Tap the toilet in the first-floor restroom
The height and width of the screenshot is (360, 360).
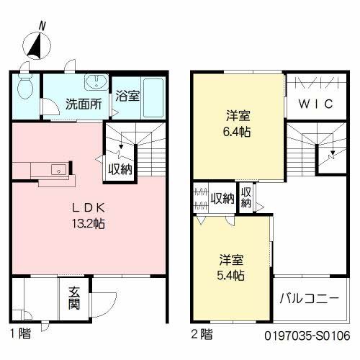(25, 86)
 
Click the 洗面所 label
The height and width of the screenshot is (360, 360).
(84, 103)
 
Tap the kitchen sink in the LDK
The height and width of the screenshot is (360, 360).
(57, 169)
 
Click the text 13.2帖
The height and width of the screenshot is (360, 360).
(90, 224)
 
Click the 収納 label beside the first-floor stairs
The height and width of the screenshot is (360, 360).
(120, 170)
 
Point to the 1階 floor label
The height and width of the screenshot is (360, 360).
(20, 333)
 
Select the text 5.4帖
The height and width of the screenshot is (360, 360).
(231, 275)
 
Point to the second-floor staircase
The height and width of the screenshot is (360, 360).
(317, 148)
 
